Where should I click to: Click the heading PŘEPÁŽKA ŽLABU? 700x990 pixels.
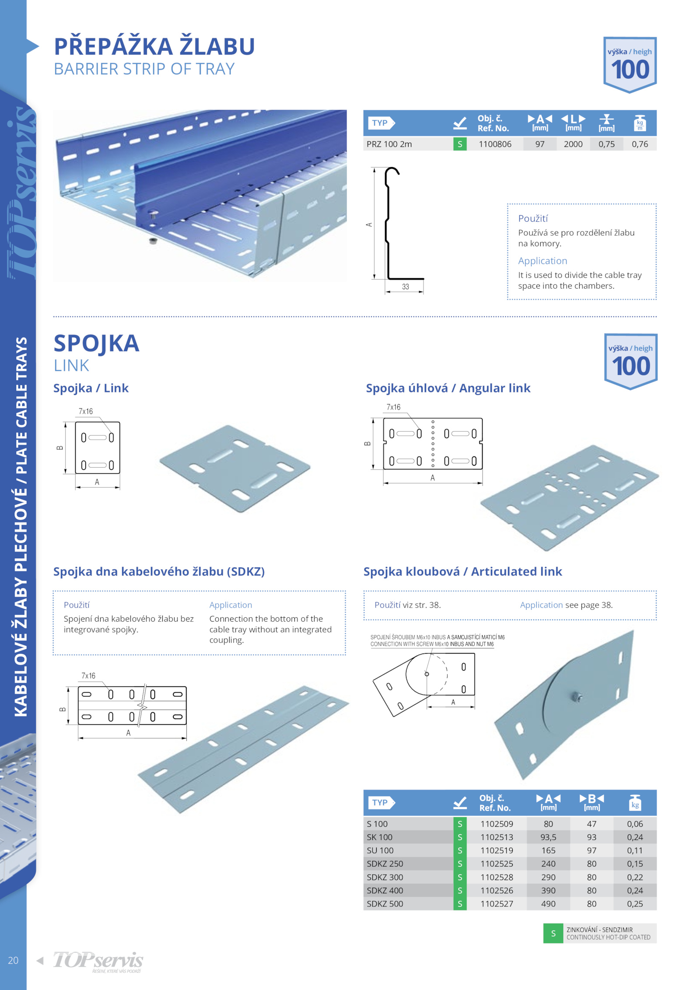[x=154, y=46]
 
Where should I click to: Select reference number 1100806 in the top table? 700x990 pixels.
[x=495, y=144]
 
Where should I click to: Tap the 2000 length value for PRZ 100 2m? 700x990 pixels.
[x=573, y=144]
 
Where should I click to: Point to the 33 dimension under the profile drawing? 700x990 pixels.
[x=406, y=287]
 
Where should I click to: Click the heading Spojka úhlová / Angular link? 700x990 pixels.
[x=448, y=388]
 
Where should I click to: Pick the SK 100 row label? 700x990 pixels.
[x=379, y=837]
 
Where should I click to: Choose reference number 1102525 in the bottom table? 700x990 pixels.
[x=497, y=864]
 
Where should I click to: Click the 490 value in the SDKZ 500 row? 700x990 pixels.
[x=548, y=903]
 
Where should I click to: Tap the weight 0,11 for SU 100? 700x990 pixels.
[x=635, y=850]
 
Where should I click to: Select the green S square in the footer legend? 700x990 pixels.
[x=553, y=933]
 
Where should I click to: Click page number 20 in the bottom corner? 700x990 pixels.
[x=13, y=960]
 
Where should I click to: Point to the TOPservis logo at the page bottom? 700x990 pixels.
[x=98, y=961]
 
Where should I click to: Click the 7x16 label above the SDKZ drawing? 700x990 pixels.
[x=88, y=675]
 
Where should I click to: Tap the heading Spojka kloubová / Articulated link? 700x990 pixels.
[x=463, y=571]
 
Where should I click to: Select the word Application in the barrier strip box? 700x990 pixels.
[x=542, y=261]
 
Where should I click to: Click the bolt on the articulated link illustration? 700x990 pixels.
[x=577, y=696]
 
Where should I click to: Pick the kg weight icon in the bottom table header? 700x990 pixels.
[x=635, y=803]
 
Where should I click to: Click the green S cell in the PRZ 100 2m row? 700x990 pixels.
[x=460, y=144]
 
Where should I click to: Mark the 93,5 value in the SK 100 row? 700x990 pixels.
[x=548, y=837]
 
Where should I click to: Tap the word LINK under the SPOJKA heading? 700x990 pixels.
[x=71, y=365]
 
